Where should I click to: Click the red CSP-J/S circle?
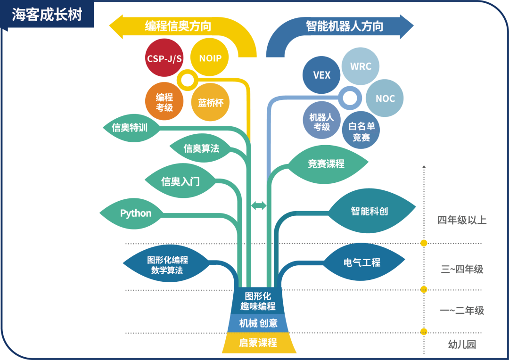click(x=163, y=58)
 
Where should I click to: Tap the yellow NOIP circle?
click(x=210, y=58)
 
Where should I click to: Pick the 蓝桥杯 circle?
click(x=210, y=102)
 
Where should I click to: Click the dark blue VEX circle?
click(x=322, y=75)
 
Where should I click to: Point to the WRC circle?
click(x=361, y=66)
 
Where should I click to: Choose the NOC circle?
click(x=385, y=98)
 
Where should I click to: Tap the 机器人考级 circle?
click(x=321, y=122)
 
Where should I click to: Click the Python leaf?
click(x=136, y=213)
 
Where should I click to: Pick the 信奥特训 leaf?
click(x=130, y=128)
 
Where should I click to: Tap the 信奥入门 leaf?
click(x=181, y=181)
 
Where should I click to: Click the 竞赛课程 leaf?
click(x=327, y=164)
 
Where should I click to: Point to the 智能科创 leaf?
click(x=369, y=211)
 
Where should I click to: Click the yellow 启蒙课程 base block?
click(x=258, y=343)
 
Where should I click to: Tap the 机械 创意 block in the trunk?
click(x=258, y=323)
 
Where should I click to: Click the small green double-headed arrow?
click(x=259, y=205)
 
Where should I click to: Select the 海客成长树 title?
click(x=47, y=15)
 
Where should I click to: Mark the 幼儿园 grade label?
click(x=462, y=344)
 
